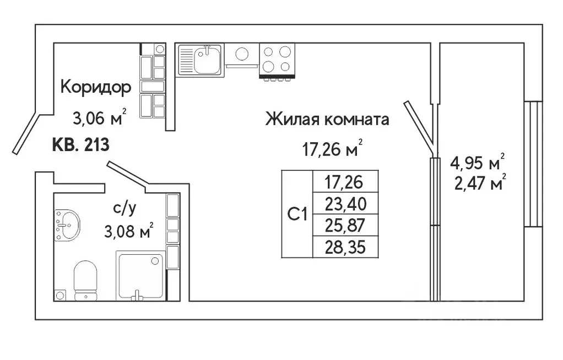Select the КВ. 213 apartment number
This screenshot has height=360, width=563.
click(x=80, y=146)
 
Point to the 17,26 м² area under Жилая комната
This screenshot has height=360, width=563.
click(x=330, y=148)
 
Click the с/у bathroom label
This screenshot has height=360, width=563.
click(x=125, y=208)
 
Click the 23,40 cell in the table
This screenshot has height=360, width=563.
click(x=345, y=205)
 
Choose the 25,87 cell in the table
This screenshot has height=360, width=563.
click(x=345, y=225)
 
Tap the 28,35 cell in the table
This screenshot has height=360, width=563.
click(x=345, y=246)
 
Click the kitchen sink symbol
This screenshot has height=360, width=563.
click(x=201, y=60)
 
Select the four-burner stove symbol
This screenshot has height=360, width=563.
click(x=277, y=59)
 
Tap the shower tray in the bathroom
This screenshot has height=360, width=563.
click(x=141, y=276)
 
